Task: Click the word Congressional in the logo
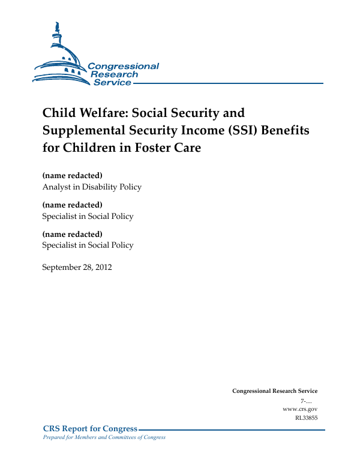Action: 123,67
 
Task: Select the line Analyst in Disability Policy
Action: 92,187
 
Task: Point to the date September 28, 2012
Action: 77,266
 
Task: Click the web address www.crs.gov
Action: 299,408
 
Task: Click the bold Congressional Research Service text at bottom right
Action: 275,391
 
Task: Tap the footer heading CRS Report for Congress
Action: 91,429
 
